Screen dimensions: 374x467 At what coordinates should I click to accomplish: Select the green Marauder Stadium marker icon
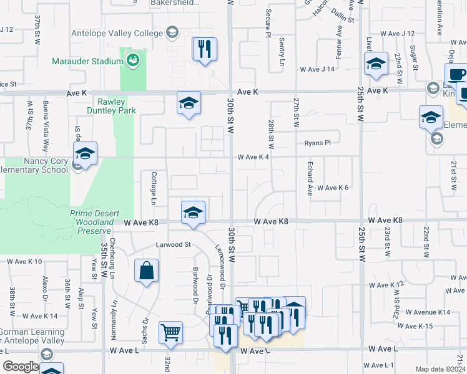(x=132, y=60)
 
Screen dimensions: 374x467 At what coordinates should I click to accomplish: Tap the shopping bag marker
(x=146, y=271)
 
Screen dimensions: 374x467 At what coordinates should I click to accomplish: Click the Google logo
(x=21, y=367)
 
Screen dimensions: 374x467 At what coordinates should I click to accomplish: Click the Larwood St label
(x=173, y=245)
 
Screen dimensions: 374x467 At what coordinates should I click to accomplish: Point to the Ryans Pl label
(x=317, y=143)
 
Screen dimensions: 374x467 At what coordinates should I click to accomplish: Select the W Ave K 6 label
(x=332, y=188)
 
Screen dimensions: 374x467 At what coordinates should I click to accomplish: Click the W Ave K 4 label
(x=253, y=157)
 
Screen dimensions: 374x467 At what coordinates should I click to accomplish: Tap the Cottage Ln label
(x=152, y=189)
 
